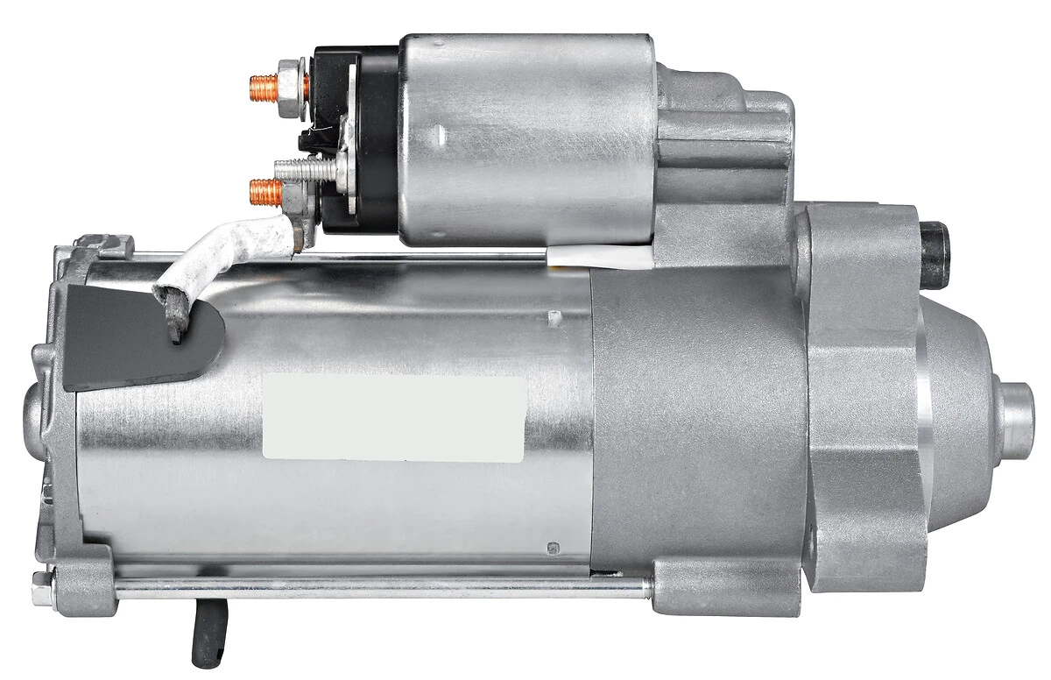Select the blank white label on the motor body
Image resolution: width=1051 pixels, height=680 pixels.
[x=394, y=418]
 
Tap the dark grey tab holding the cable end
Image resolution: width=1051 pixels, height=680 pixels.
[x=131, y=337]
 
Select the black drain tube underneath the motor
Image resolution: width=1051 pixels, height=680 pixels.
[x=208, y=632]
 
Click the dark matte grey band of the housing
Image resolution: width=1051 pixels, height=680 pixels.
[x=696, y=421]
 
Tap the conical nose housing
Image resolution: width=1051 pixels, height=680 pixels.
[x=955, y=412]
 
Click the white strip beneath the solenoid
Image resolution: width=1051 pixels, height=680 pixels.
[x=600, y=256]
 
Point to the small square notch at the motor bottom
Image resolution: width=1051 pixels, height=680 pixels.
[x=554, y=548]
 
